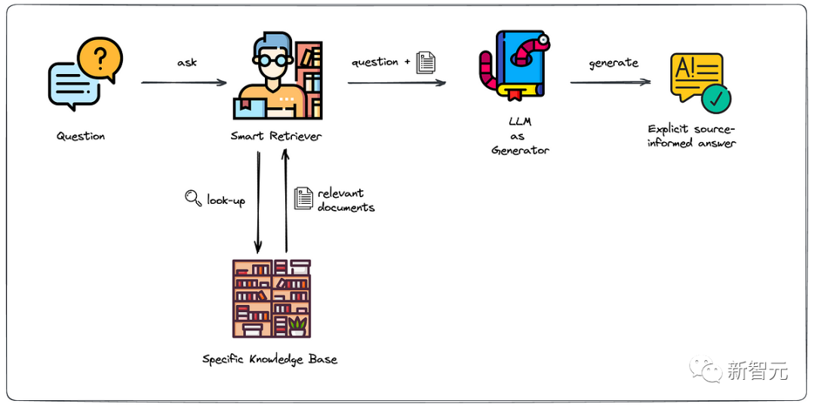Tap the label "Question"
(81, 137)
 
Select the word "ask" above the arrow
(186, 62)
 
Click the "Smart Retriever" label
(276, 137)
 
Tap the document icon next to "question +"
(426, 62)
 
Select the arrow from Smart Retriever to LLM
(396, 82)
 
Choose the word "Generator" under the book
(521, 150)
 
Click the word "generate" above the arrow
(614, 63)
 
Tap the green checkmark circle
(716, 98)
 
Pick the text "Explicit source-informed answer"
(691, 136)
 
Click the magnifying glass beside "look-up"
(193, 198)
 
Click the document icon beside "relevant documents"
(303, 199)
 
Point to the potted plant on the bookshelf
(297, 325)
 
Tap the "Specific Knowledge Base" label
(269, 359)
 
